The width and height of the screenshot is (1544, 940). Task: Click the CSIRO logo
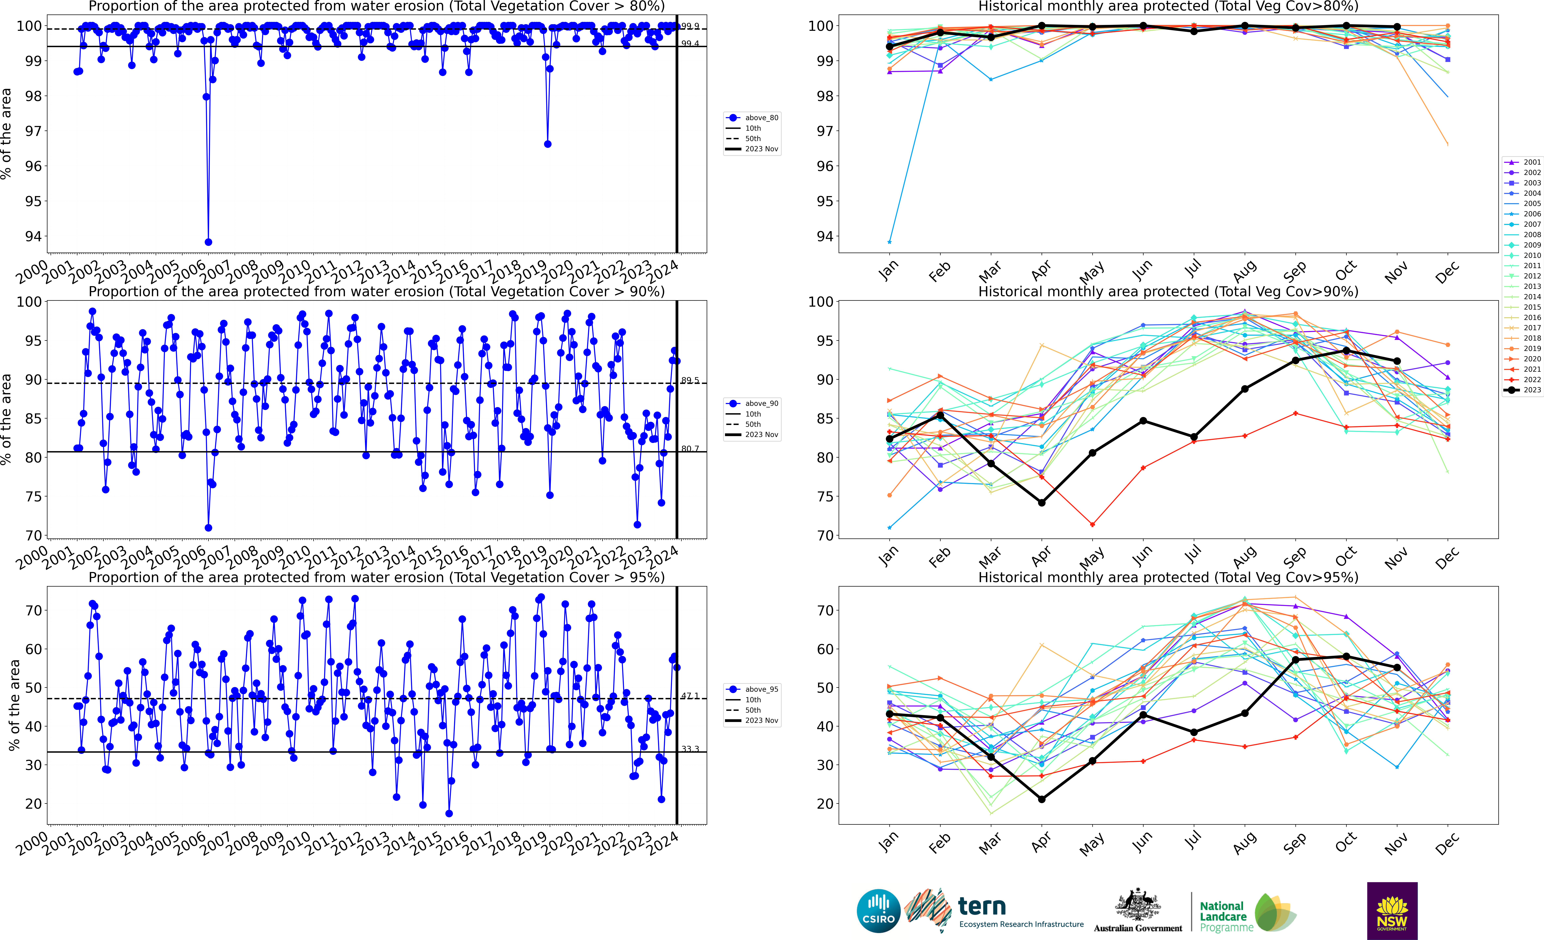point(878,911)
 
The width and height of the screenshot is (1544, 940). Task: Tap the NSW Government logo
point(1392,911)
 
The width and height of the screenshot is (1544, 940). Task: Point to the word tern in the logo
point(982,906)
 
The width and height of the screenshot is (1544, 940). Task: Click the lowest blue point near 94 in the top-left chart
point(208,242)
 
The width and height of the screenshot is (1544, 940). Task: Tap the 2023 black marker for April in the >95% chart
point(1041,799)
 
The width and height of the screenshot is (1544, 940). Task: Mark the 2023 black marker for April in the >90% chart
point(1041,503)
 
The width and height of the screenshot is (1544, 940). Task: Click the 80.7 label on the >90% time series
point(690,449)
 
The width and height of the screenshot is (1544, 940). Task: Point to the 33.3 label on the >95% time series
point(690,749)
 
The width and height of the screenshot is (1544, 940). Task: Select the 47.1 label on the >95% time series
point(690,696)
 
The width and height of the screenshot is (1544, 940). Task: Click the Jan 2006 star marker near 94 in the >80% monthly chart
point(890,242)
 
